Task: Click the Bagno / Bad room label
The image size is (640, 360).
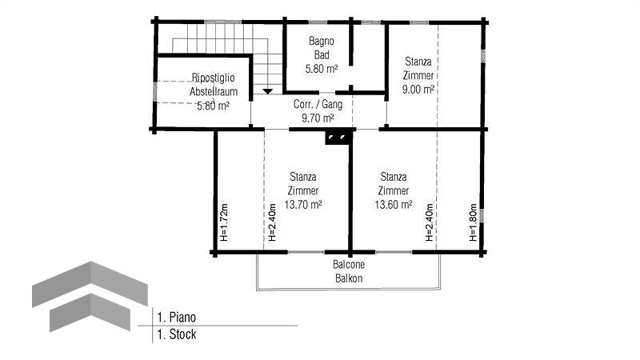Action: (322, 48)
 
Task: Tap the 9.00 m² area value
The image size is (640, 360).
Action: (418, 90)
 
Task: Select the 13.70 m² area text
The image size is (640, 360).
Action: (303, 205)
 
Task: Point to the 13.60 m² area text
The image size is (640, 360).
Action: (393, 205)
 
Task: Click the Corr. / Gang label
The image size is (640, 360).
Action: (318, 105)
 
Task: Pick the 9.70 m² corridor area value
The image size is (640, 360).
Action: (318, 118)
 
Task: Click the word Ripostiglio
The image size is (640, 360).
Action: (213, 78)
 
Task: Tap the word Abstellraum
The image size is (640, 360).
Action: (213, 91)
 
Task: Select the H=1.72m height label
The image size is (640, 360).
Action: (224, 222)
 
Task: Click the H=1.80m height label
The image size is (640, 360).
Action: (473, 222)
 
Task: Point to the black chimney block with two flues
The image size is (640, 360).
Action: (338, 137)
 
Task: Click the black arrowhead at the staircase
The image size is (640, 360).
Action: (267, 91)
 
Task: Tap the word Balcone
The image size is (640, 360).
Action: (349, 265)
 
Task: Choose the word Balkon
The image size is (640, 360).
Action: (349, 278)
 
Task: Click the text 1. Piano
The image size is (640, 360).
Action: (176, 317)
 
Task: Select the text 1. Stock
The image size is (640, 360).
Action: (177, 334)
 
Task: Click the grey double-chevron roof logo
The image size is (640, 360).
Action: (90, 296)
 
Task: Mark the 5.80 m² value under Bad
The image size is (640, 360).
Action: (322, 69)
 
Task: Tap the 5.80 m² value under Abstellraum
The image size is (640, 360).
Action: (213, 106)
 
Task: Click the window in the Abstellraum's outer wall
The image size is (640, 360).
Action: (154, 91)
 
